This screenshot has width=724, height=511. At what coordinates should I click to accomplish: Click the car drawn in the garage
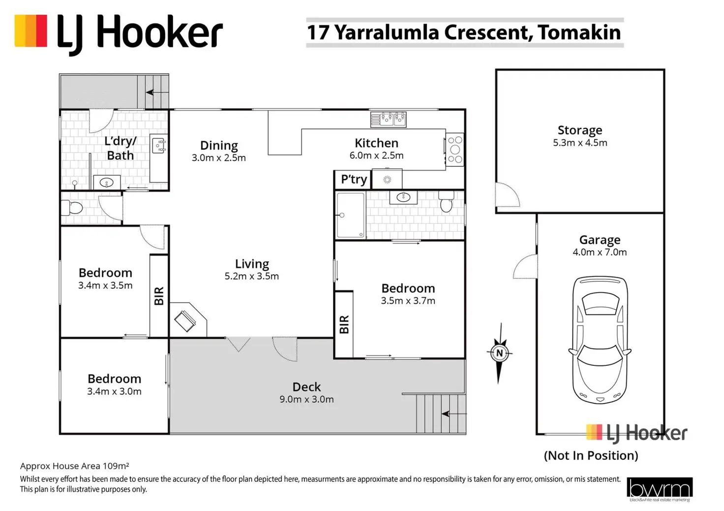point(600,340)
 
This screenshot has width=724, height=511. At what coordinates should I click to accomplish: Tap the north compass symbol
point(499,353)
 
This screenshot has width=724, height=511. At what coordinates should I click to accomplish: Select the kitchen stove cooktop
point(455,150)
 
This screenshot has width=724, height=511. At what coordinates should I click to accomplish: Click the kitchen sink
point(389,120)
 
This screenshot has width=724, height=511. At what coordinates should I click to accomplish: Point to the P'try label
point(354,180)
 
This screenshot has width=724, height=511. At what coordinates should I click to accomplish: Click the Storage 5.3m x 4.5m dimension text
point(580,143)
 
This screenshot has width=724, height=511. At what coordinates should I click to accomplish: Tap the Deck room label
point(306,387)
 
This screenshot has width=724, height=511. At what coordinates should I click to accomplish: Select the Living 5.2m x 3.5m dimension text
point(252,276)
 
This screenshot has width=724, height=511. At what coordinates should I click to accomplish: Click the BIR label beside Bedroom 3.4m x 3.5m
point(159,296)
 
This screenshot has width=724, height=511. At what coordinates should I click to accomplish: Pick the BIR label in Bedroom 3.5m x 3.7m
point(344,325)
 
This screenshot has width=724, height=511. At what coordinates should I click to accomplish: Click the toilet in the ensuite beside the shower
point(446,201)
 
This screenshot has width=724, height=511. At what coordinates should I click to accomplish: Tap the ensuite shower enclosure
point(351,215)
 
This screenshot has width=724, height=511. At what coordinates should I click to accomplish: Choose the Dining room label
point(219,145)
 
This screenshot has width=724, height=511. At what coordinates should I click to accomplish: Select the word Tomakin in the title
point(579,32)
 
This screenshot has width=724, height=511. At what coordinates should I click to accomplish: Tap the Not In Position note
point(591,455)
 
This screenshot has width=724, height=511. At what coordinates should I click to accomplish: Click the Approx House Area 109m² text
point(75,466)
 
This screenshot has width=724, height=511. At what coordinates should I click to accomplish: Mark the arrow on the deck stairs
point(454,414)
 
